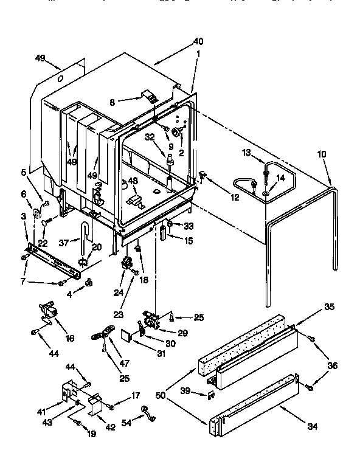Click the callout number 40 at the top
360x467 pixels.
(x=198, y=42)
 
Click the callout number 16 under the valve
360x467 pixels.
(x=70, y=337)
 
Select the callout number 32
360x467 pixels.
(x=150, y=137)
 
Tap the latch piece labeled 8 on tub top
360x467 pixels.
(x=148, y=95)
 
